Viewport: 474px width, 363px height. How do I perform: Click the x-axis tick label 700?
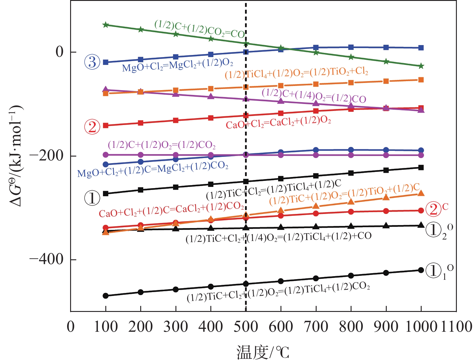[x=316, y=327]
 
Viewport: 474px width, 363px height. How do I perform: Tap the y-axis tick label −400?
[x=47, y=259]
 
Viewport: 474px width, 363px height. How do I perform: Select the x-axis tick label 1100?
[x=456, y=327]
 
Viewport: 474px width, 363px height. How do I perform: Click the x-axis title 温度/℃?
[x=263, y=352]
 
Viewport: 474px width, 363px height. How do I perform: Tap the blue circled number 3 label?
[x=92, y=62]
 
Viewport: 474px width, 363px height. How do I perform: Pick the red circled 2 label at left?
[x=92, y=127]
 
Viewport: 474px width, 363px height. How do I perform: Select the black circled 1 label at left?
[x=92, y=198]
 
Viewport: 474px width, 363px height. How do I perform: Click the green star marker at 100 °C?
[x=106, y=25]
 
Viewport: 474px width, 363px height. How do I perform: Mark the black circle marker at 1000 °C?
[x=421, y=270]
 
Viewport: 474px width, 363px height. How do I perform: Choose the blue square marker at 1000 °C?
[x=421, y=48]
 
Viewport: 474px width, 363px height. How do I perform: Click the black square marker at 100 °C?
[x=106, y=194]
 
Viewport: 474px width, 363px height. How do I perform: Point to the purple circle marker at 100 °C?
[x=106, y=155]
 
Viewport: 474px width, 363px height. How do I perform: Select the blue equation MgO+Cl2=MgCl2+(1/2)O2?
[x=178, y=66]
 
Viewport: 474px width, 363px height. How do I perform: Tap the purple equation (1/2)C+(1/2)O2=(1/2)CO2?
[x=162, y=145]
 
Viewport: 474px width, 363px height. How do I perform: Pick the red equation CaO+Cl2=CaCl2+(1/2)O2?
[x=278, y=123]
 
